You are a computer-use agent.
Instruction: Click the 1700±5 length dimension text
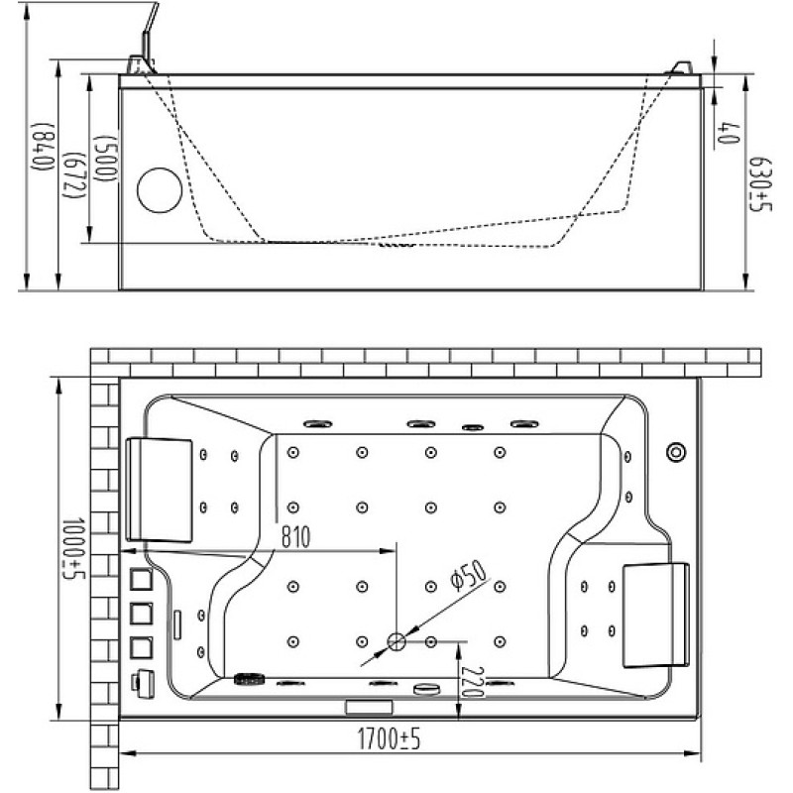(389, 738)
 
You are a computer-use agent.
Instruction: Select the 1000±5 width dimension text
(73, 548)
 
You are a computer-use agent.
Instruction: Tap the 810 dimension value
(295, 537)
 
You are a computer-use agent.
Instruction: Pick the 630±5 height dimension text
(760, 184)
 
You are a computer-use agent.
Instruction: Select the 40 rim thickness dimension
(729, 133)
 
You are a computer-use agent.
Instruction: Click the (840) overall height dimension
(43, 147)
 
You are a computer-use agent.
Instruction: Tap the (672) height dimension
(72, 175)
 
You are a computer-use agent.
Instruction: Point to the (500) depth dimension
(105, 159)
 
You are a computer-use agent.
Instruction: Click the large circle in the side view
(160, 190)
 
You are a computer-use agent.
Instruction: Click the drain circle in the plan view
(396, 641)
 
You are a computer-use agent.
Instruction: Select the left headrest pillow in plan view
(160, 490)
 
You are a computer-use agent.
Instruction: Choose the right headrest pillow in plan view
(656, 615)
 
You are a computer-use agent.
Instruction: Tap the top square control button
(141, 580)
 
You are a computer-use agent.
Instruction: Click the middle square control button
(141, 614)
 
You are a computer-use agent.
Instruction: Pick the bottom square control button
(141, 647)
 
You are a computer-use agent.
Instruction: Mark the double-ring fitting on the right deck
(676, 452)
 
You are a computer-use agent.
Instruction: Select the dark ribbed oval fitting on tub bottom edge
(250, 679)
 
